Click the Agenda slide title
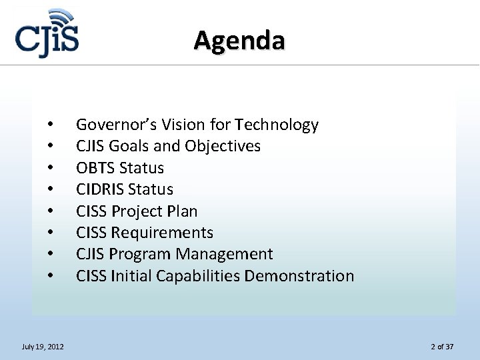[x=240, y=41]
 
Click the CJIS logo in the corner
[x=47, y=36]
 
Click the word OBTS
[x=94, y=167]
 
